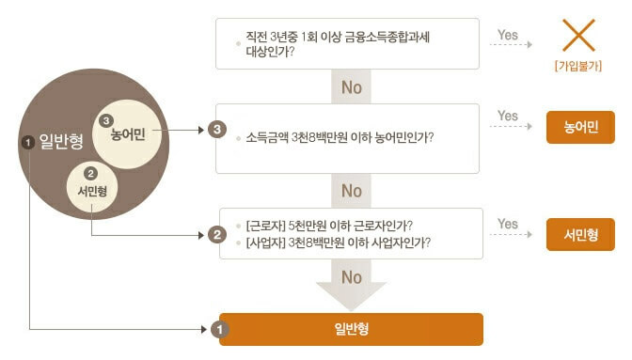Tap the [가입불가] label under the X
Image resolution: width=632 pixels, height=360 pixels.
click(x=580, y=67)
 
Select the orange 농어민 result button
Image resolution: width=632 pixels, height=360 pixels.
click(x=580, y=127)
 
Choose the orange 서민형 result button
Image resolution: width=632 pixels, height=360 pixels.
click(x=580, y=234)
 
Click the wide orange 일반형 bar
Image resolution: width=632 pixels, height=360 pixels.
click(x=351, y=329)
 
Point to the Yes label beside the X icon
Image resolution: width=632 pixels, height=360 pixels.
click(x=508, y=35)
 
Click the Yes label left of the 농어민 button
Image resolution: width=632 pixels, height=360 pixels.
click(x=508, y=117)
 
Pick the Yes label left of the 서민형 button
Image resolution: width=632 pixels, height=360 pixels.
click(x=508, y=224)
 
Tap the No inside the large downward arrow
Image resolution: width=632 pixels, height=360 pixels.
click(x=352, y=277)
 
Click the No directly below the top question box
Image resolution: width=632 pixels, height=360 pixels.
click(x=352, y=87)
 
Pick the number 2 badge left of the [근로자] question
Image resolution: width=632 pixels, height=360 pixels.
click(x=218, y=233)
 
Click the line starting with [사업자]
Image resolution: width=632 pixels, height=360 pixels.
click(x=338, y=243)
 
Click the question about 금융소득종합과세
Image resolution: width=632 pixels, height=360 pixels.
click(x=342, y=43)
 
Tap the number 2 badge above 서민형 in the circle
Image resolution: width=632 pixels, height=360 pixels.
click(x=91, y=174)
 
